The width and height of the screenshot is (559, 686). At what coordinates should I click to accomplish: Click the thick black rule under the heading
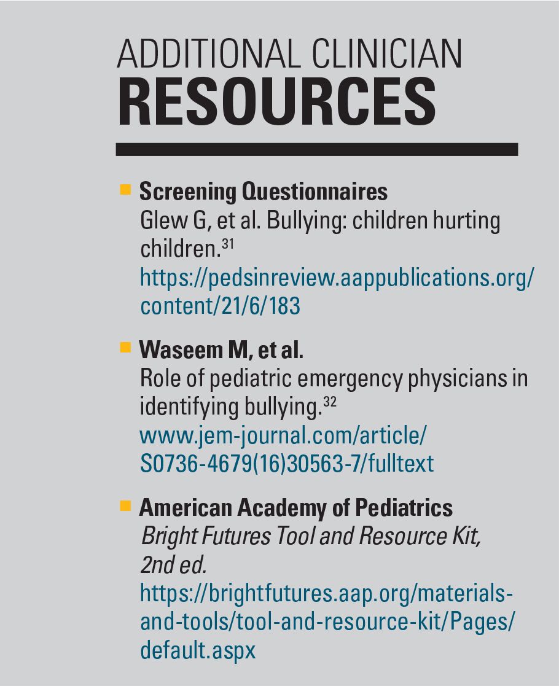(x=316, y=149)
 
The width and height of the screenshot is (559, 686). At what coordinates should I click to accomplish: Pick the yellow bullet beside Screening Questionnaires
(x=125, y=190)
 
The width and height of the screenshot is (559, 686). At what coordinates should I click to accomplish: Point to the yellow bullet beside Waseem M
(x=125, y=348)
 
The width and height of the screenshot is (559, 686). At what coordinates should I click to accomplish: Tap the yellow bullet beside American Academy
(x=125, y=506)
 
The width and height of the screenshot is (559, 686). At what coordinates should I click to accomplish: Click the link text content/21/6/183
(x=220, y=305)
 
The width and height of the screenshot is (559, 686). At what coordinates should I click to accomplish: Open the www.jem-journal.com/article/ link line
(x=283, y=436)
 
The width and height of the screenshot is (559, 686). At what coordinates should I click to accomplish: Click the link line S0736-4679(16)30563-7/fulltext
(x=286, y=463)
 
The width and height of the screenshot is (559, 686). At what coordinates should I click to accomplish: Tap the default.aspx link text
(x=197, y=650)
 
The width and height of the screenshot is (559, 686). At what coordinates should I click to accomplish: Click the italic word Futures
(x=231, y=536)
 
